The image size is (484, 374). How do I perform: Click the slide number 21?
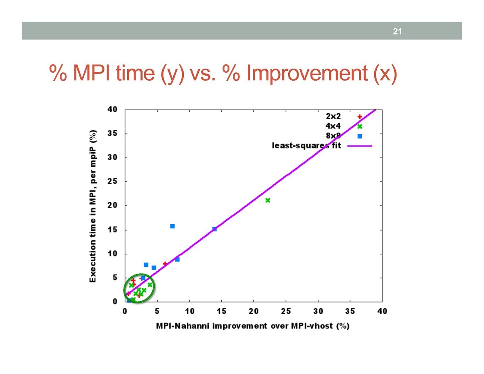(398, 32)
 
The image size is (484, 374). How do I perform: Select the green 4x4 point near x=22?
(268, 200)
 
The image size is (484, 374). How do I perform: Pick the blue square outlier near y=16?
(172, 226)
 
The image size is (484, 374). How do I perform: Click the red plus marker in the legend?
(360, 117)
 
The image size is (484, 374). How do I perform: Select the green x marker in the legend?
(360, 126)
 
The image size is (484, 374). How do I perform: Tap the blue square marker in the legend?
(360, 136)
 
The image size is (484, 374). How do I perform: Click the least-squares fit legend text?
(306, 146)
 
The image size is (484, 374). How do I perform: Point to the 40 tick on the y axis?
(112, 110)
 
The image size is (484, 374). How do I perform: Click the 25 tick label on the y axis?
(112, 182)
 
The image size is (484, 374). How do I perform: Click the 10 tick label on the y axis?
(112, 254)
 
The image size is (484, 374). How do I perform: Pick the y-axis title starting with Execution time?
(94, 205)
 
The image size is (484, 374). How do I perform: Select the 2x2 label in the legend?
(333, 117)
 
